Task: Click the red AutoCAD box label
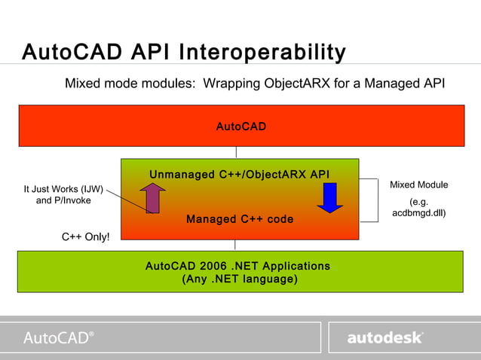pos(240,126)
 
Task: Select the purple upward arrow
pos(152,198)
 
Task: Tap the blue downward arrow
pos(329,197)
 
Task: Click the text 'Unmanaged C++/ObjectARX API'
pos(240,175)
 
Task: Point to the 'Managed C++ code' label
pos(240,219)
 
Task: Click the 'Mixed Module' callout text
pos(418,185)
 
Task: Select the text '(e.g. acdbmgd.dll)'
pos(418,208)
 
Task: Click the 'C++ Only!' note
pos(85,237)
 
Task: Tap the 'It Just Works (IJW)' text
pos(63,189)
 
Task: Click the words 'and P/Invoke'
pos(65,201)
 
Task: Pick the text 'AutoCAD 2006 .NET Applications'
pos(237,266)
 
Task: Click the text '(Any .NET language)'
pos(240,279)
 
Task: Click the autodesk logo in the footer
pos(384,338)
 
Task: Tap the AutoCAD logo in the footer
pos(59,337)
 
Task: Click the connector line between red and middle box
pos(235,152)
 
